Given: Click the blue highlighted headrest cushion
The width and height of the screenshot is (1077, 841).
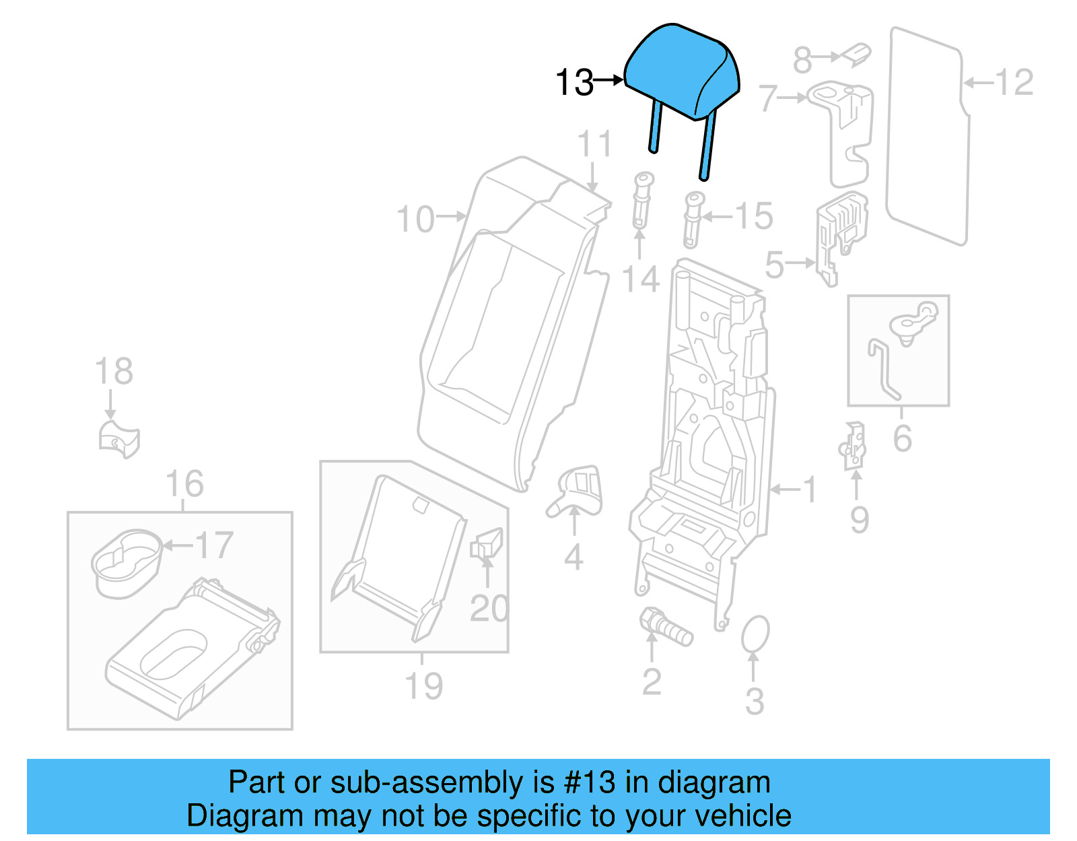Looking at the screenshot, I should pos(681,71).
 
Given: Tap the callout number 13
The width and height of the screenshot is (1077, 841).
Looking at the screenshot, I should pos(574,83).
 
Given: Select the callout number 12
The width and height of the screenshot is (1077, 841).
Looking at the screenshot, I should pos(1014,83).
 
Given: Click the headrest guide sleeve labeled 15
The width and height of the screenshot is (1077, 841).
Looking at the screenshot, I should pos(693,220).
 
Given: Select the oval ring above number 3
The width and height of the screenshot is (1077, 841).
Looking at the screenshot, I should pos(755,634).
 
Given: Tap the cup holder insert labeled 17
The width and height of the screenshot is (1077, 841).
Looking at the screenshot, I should pos(127,562).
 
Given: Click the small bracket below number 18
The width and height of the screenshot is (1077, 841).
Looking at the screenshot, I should pos(118,439).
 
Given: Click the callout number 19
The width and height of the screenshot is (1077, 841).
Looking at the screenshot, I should pos(423,686).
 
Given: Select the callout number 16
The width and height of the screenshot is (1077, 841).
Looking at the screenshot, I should pos(184,484).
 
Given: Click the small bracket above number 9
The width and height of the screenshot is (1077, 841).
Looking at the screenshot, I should pos(854,446).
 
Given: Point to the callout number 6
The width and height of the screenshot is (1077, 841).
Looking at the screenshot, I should pos(902,438).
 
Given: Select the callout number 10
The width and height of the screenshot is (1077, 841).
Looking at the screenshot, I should pos(415,220).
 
